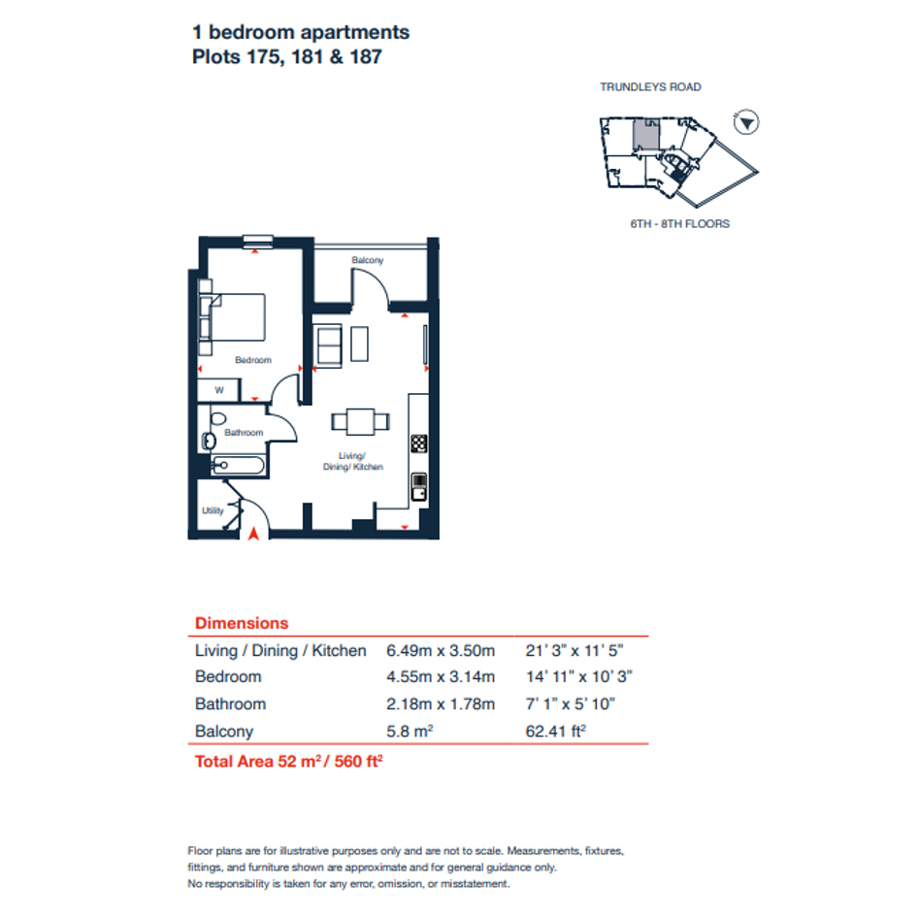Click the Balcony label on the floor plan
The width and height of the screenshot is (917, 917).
coord(367,260)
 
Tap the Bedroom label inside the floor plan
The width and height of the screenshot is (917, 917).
coord(253,360)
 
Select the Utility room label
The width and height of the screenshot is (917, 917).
coord(213,510)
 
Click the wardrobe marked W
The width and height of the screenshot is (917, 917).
coord(218,390)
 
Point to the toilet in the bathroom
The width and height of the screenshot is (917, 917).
coord(218,418)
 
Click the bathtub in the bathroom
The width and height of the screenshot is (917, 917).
coord(238,465)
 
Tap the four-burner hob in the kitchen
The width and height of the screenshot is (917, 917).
coord(419,443)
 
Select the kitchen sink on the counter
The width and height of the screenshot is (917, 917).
coord(419,487)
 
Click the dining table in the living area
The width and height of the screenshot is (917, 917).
coord(360,422)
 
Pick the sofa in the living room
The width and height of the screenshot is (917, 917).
coord(329,346)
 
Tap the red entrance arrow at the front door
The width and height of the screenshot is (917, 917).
coord(253,534)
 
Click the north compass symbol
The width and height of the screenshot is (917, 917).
coord(746,123)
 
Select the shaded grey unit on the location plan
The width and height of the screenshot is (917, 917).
coord(646,135)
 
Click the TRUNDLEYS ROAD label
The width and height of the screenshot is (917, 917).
coord(650,87)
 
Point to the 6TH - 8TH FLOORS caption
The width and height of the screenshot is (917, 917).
coord(679,224)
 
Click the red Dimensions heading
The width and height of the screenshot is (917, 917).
coord(242,623)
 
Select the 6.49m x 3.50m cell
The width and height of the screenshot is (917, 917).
coord(441,651)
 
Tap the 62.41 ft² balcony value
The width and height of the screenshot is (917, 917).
coord(556,731)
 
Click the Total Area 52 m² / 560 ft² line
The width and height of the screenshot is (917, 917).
coord(289,762)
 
